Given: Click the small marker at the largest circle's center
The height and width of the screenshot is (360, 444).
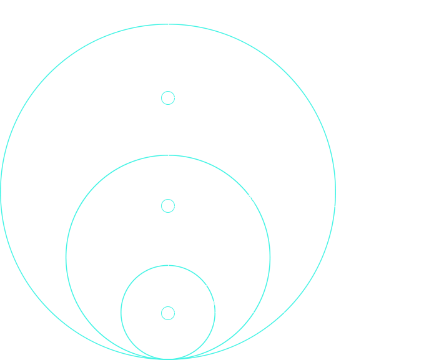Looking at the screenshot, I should pos(168,98).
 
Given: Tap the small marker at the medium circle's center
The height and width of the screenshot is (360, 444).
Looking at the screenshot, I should pos(168,206).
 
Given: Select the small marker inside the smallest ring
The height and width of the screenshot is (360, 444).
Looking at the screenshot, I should pos(168,313).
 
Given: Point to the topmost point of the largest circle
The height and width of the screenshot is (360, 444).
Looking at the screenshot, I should pos(168,24).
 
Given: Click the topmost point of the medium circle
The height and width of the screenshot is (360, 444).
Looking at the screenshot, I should pos(168,155).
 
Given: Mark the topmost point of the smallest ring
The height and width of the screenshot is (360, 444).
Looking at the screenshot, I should pos(168,266).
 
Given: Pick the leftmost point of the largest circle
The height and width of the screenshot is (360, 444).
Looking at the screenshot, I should pos(1,192).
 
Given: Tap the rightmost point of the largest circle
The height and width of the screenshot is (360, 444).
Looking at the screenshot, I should pos(335,192).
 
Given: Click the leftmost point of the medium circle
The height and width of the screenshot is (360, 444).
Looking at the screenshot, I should pos(66,257).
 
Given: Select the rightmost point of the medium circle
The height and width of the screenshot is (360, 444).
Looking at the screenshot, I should pos(270,257).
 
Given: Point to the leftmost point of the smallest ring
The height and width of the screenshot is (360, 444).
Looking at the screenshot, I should pos(121,312).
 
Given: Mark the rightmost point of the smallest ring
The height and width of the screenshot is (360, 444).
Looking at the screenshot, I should pos(215,312).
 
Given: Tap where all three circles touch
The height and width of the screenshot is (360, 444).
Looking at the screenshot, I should pos(168,359).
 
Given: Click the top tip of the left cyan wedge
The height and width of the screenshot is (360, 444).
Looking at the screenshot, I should pos(66,324).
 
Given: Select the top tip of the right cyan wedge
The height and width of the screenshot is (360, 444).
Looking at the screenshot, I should pos(270,324).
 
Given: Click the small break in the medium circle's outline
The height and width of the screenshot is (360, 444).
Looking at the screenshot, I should pos(252,199).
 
